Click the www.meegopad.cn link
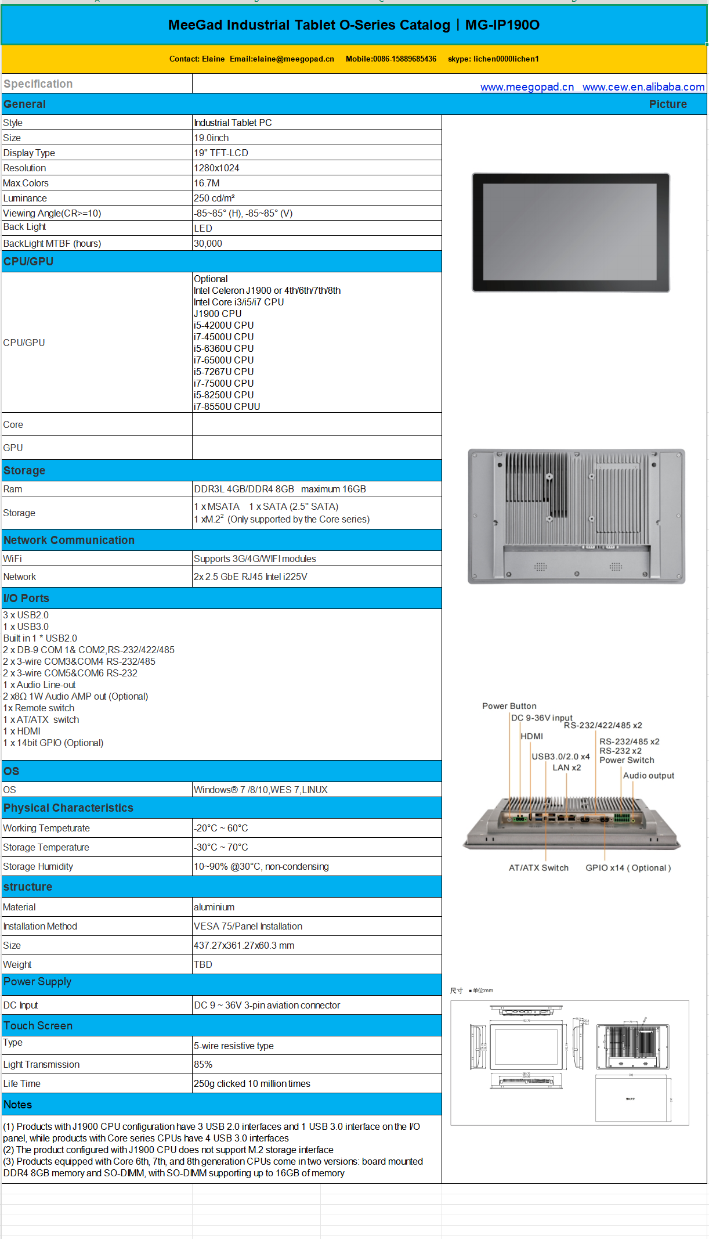[x=527, y=87]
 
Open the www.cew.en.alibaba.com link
[x=643, y=87]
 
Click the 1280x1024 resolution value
[x=216, y=168]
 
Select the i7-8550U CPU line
[x=227, y=406]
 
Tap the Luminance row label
[x=25, y=199]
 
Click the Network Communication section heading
[x=69, y=540]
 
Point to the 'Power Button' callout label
[x=509, y=706]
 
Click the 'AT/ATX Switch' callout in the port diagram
[x=538, y=868]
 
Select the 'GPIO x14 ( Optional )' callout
[x=628, y=868]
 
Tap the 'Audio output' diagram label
[x=648, y=776]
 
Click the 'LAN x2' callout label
[x=566, y=768]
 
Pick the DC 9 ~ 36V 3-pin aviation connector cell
[x=267, y=1005]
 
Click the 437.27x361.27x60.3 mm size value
[x=244, y=945]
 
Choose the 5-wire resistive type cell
[x=234, y=1046]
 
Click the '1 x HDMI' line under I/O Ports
[x=22, y=731]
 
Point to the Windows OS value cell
[x=261, y=790]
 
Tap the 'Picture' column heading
[x=667, y=105]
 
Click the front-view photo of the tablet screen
[x=570, y=232]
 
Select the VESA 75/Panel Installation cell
[x=248, y=926]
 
